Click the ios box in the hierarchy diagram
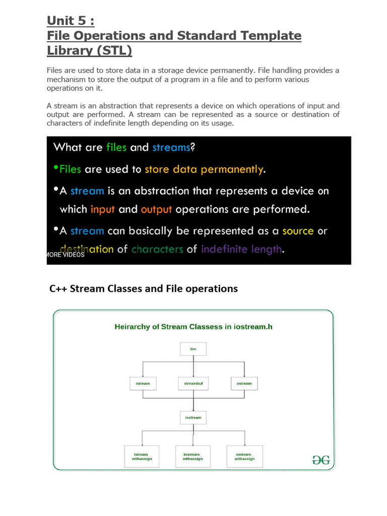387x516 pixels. tap(193, 349)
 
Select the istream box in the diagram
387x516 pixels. tap(143, 383)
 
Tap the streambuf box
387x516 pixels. tap(193, 383)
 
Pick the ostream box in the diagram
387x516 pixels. tap(244, 383)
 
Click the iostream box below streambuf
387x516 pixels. tap(193, 418)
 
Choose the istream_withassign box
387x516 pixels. tap(142, 456)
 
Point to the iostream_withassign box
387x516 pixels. tap(193, 456)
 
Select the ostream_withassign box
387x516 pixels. tap(244, 456)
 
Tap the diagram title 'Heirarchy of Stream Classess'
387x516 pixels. tap(193, 327)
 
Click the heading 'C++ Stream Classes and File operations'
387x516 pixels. tap(144, 289)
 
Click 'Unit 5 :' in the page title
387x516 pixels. tap(71, 21)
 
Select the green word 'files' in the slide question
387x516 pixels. tap(117, 147)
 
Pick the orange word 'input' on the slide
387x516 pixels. tap(103, 209)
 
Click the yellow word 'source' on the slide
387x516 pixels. tap(298, 231)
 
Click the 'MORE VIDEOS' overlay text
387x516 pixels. tap(66, 255)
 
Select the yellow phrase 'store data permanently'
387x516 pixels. tap(204, 169)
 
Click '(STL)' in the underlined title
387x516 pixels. tap(114, 50)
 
